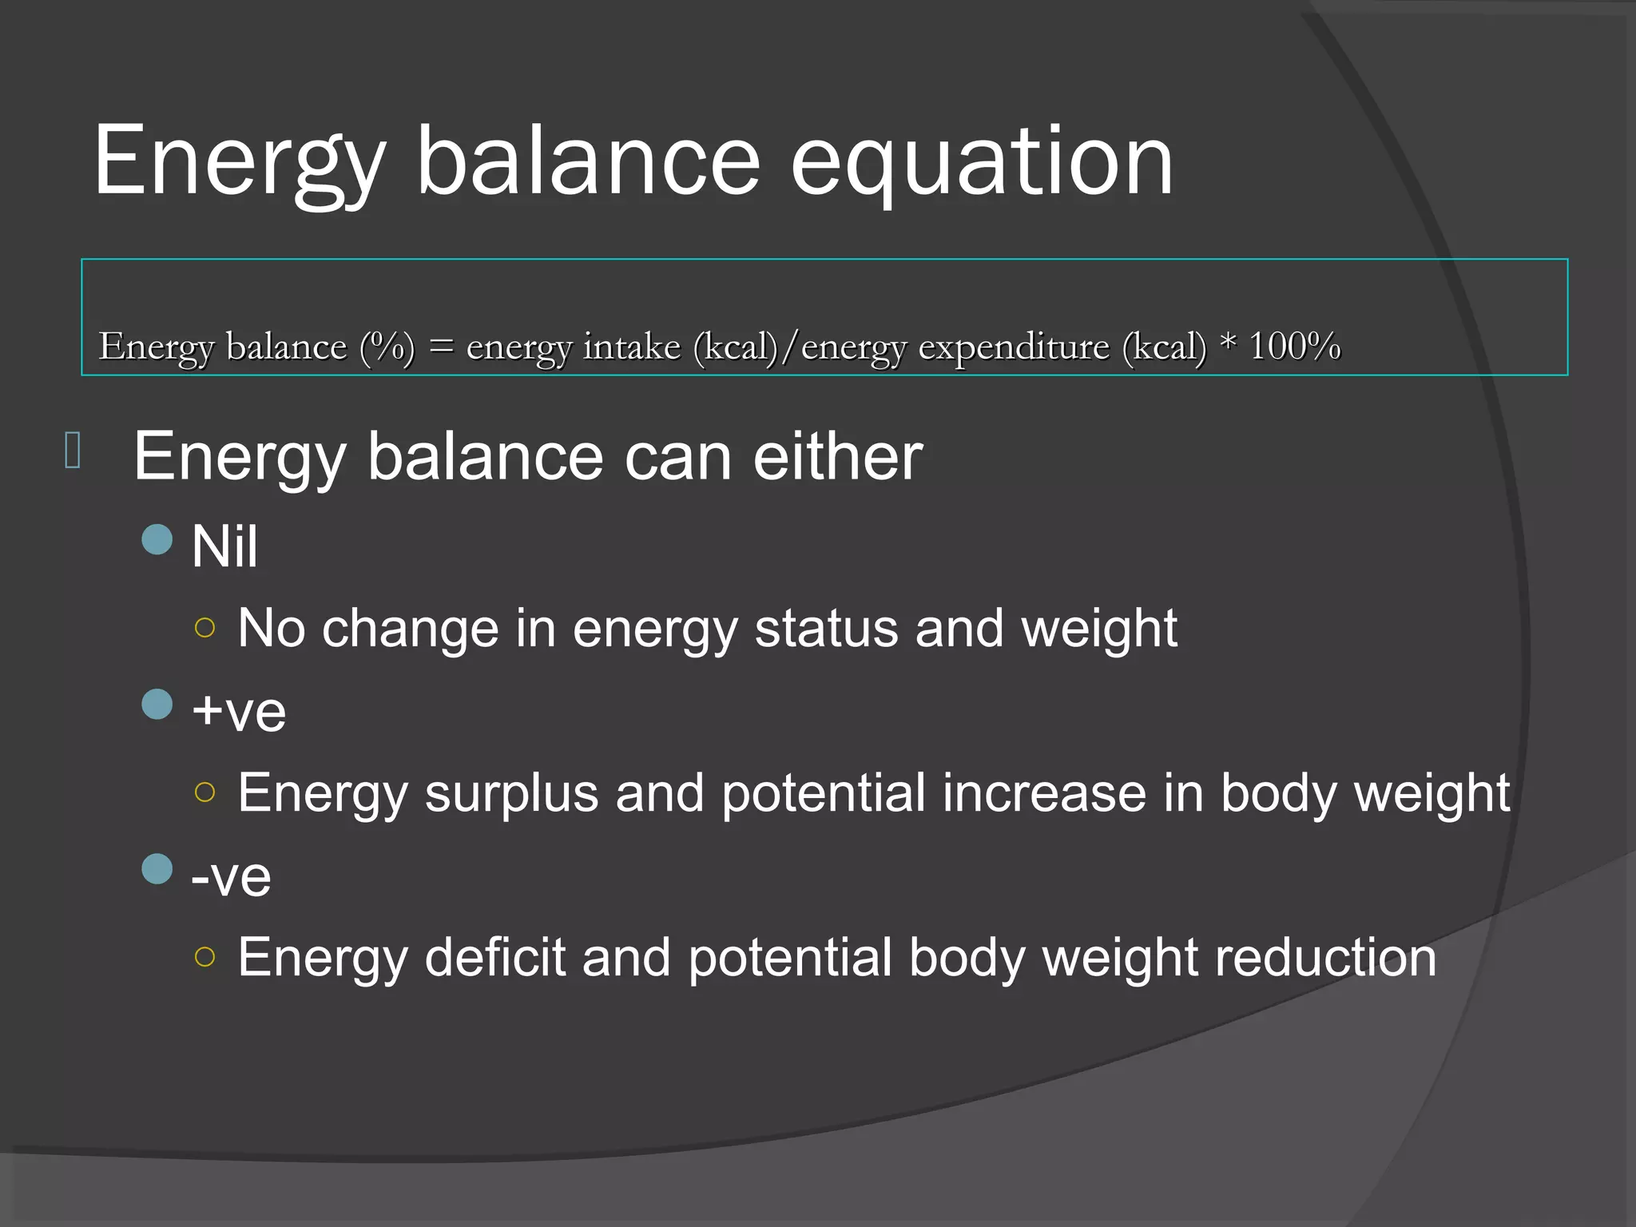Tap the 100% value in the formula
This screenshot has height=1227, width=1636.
1294,347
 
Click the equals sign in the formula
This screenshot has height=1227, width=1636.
441,347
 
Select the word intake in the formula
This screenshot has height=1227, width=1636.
631,347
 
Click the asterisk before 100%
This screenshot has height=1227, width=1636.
1228,343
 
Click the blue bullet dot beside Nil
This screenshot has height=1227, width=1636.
157,539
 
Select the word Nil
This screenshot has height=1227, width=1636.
224,547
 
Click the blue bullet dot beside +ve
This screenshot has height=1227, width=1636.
157,705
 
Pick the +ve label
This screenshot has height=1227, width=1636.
239,712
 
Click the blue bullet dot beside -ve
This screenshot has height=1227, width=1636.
157,869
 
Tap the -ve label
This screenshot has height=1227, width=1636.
231,877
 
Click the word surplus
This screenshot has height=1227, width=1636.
511,794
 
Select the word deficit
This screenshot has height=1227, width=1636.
494,958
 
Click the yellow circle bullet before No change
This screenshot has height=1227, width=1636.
205,628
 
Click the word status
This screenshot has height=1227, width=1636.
825,629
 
